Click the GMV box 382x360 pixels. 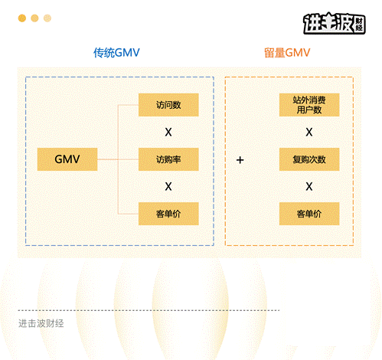(67, 159)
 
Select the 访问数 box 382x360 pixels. (168, 105)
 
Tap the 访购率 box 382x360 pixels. (168, 159)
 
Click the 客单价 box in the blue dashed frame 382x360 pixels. (168, 214)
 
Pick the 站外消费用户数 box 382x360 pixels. (309, 105)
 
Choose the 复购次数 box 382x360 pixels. (309, 159)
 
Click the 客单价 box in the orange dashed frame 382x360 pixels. (309, 214)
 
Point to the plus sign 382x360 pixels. (240, 160)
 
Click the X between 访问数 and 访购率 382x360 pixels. (168, 132)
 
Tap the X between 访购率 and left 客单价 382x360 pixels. (168, 186)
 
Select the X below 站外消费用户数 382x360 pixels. (309, 132)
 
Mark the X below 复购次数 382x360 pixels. (309, 186)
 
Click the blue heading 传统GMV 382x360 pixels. (116, 53)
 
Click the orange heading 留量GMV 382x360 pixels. (287, 53)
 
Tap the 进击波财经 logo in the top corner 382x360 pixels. (335, 23)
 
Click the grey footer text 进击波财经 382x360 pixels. (41, 323)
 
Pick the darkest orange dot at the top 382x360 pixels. (22, 18)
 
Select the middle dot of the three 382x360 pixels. (34, 18)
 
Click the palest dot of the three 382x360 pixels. (47, 18)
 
